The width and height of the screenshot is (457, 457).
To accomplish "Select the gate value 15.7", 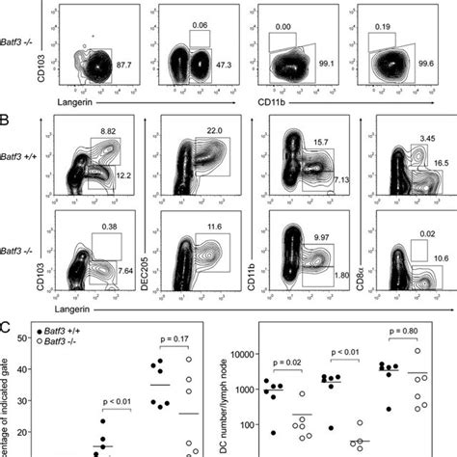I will point(318,142).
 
